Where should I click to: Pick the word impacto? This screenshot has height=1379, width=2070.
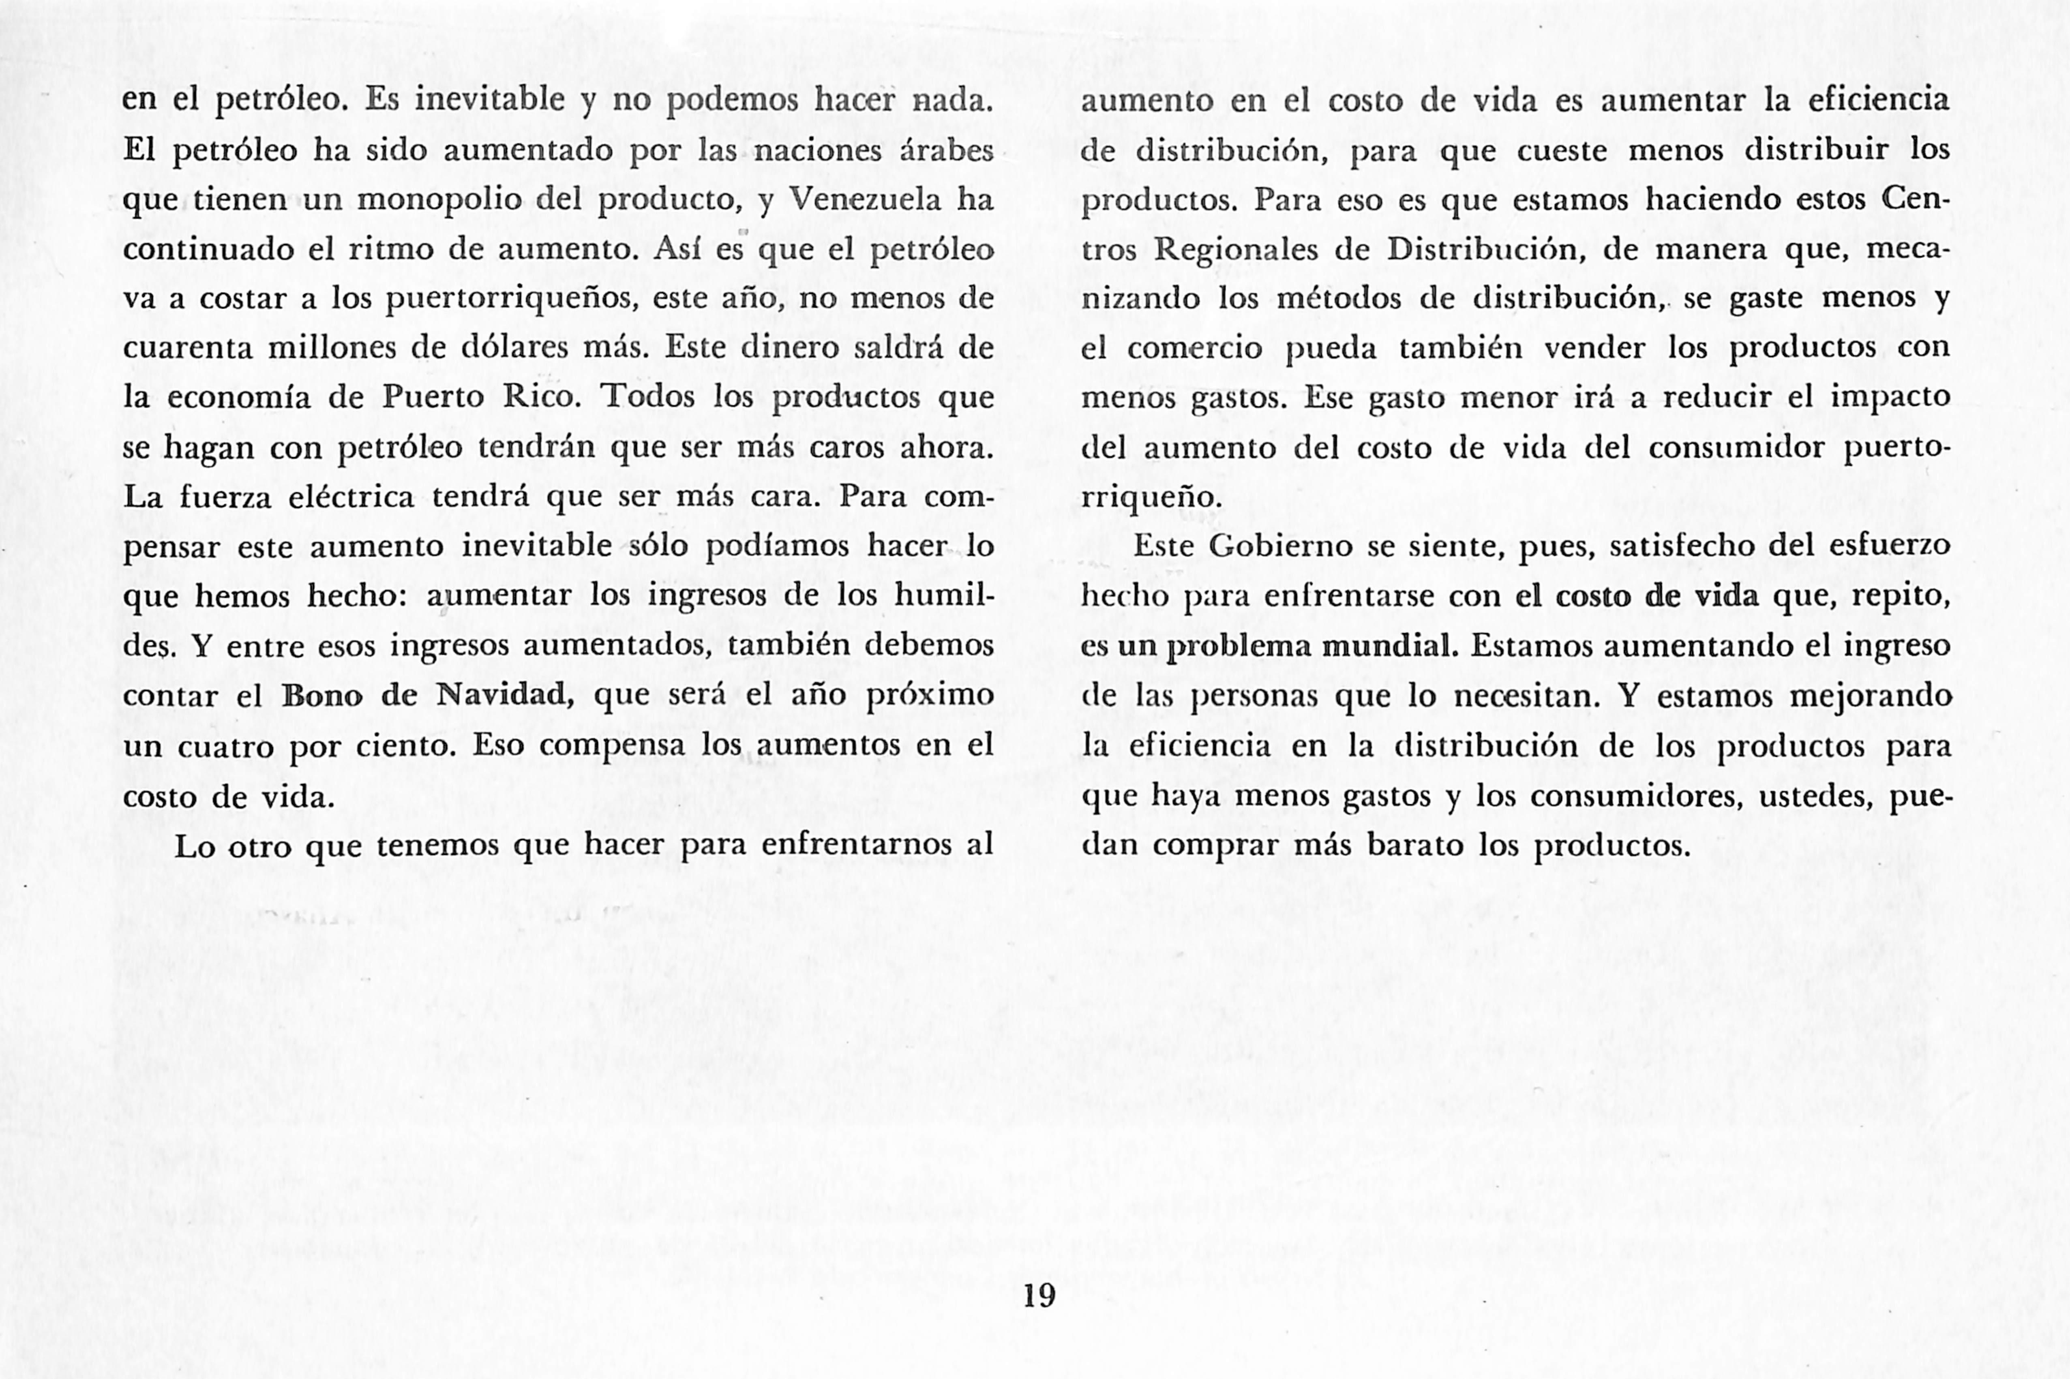click(1891, 398)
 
